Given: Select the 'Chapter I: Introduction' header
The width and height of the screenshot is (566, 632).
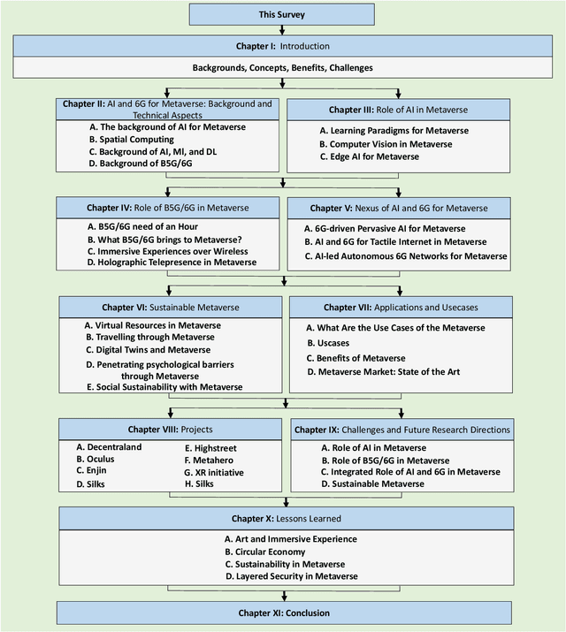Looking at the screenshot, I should (282, 46).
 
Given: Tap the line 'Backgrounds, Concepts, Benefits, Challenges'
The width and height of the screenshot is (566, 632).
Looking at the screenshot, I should (282, 67).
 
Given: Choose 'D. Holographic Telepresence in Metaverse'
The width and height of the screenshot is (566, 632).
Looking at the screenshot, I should (165, 263).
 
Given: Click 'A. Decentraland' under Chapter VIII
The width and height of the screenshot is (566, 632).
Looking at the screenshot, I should (110, 447).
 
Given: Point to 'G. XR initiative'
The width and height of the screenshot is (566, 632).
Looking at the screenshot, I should (214, 473).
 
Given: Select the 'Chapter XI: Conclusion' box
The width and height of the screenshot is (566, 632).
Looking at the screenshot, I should (282, 613).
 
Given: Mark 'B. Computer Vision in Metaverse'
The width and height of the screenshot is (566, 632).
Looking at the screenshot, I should (385, 143).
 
